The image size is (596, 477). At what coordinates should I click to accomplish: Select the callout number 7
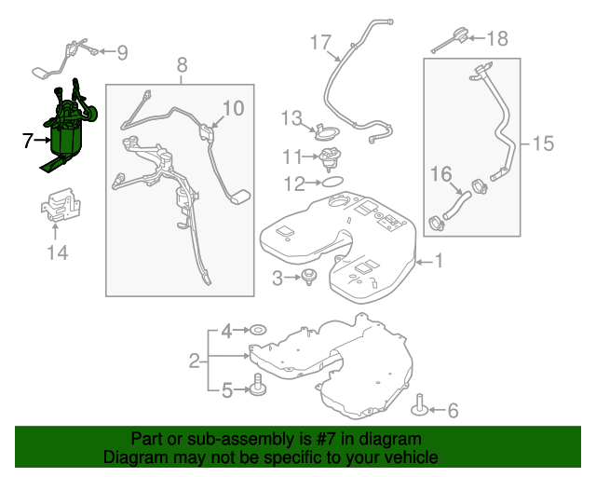[x=28, y=141]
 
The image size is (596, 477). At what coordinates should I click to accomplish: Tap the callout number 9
[x=122, y=53]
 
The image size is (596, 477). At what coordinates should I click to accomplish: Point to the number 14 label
[x=57, y=251]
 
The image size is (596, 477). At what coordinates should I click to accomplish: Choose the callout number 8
[x=182, y=64]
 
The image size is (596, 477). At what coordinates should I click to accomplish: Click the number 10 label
[x=233, y=108]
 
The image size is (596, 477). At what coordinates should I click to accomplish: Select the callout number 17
[x=319, y=42]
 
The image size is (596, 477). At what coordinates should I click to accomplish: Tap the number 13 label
[x=292, y=118]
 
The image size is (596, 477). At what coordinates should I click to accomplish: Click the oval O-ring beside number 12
[x=332, y=184]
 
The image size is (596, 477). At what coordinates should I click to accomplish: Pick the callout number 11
[x=292, y=156]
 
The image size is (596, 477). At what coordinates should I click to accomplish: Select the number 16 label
[x=440, y=172]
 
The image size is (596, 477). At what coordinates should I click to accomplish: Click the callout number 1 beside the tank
[x=439, y=263]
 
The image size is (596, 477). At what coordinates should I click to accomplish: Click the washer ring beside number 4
[x=256, y=330]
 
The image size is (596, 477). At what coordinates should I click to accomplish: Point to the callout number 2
[x=195, y=360]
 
